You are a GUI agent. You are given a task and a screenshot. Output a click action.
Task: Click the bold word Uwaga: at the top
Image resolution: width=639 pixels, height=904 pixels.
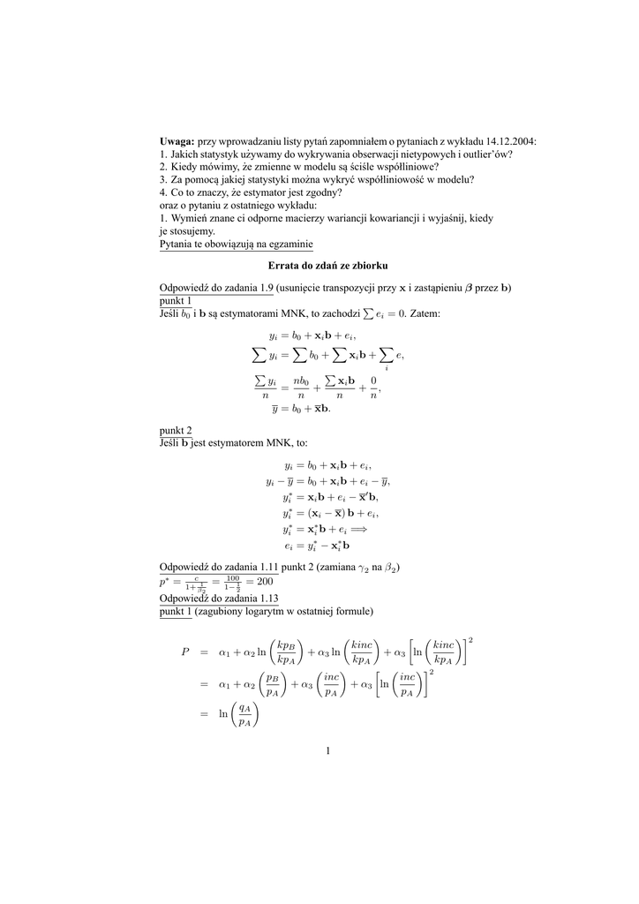[177, 141]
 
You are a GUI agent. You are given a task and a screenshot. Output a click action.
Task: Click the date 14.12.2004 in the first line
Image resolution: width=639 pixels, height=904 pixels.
[509, 141]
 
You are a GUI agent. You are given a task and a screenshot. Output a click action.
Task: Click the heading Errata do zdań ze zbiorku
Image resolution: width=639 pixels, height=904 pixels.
[327, 265]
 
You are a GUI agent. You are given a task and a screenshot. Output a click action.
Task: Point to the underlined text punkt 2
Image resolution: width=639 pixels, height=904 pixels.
[176, 430]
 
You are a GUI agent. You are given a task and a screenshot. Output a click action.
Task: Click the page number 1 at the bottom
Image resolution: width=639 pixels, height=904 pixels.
[327, 751]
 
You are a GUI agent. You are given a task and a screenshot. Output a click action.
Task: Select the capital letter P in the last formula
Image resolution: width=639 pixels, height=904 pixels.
[185, 652]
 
